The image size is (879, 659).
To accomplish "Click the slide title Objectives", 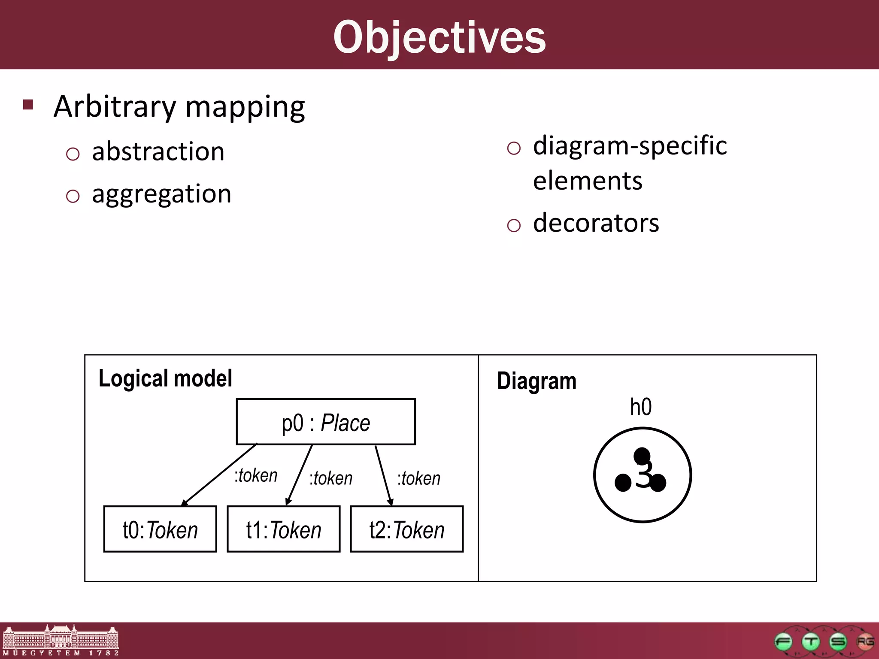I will tap(439, 38).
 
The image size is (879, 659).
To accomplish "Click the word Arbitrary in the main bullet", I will tap(115, 107).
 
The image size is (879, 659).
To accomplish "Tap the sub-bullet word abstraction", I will tap(158, 152).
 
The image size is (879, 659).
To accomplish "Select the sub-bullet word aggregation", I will tap(161, 194).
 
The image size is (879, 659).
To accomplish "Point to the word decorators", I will tap(596, 223).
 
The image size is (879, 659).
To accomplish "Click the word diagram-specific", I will tap(630, 146).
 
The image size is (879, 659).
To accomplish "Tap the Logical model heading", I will tap(165, 378).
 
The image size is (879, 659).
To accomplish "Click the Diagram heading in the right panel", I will tap(536, 381).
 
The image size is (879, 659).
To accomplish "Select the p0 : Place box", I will tap(326, 422).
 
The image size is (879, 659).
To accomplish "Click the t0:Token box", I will tap(160, 529).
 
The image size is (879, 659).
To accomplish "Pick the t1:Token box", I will tap(283, 529).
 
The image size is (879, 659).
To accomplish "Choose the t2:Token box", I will tap(406, 529).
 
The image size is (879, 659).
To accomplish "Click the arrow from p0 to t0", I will tap(219, 475).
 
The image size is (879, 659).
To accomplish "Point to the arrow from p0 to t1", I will tap(299, 475).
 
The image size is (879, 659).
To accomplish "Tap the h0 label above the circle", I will tap(640, 407).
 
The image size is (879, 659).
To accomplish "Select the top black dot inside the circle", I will tap(642, 455).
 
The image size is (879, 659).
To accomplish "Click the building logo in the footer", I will tap(61, 640).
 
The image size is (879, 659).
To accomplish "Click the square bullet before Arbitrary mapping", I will tap(28, 105).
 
